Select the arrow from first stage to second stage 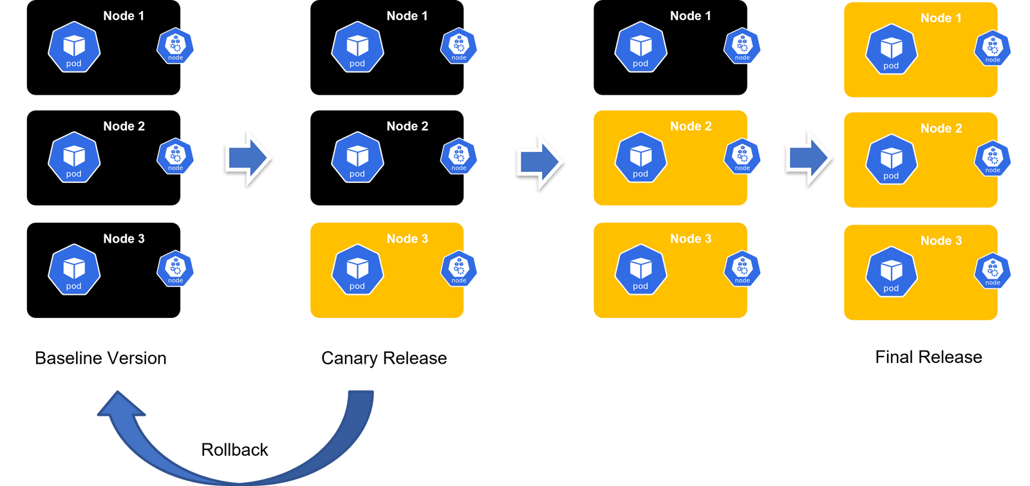[248, 157]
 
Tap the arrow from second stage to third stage [539, 162]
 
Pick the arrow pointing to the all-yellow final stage [809, 157]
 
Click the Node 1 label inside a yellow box [941, 18]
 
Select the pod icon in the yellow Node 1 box [891, 49]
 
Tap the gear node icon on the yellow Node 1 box [993, 48]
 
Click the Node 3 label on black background [124, 239]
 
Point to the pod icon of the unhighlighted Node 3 [74, 269]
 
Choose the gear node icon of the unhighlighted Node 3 [176, 268]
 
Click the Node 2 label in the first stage [124, 126]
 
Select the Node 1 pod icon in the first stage [74, 46]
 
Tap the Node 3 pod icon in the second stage [357, 269]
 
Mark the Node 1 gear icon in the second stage [459, 46]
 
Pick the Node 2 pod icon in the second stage [357, 157]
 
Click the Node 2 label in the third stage [691, 126]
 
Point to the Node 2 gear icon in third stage [743, 157]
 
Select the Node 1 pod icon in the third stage [641, 46]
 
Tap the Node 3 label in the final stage [941, 241]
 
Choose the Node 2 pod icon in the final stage [891, 159]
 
